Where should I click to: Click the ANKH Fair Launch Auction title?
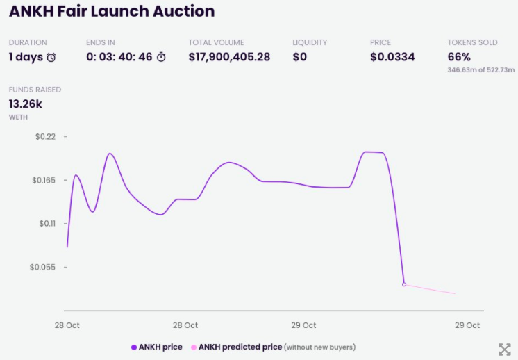tap(112, 12)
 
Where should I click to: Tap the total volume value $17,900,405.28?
tap(229, 57)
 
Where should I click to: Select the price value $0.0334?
tap(392, 57)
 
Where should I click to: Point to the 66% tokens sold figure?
tap(459, 57)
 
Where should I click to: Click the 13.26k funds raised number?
tap(25, 104)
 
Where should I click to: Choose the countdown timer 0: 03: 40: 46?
tap(119, 57)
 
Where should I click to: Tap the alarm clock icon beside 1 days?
tap(51, 58)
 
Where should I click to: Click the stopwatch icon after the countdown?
tap(161, 57)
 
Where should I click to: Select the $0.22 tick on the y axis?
tap(45, 137)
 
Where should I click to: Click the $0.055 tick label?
tap(43, 267)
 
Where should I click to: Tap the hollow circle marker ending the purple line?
tap(404, 284)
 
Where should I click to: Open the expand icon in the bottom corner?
tap(505, 349)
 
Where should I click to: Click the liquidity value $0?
tap(299, 57)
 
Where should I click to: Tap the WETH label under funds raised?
tap(18, 117)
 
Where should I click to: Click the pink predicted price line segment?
tap(431, 289)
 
